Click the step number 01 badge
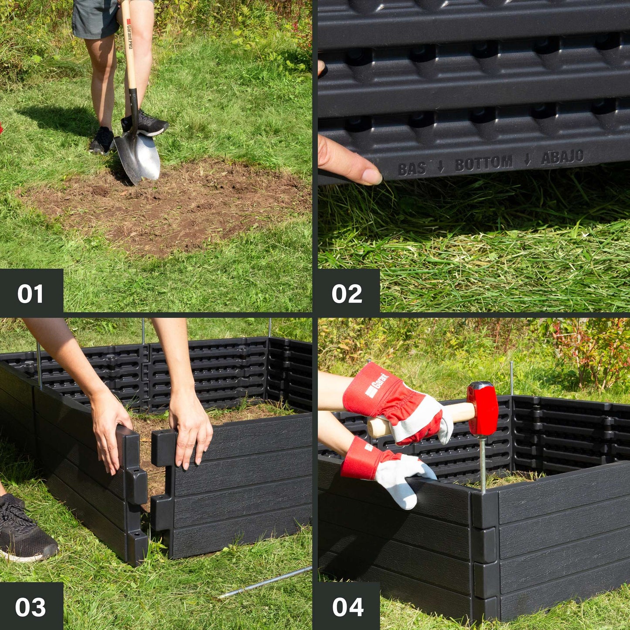31,293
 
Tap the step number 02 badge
347,293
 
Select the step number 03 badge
31,607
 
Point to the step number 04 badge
347,607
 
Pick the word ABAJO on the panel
562,157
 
